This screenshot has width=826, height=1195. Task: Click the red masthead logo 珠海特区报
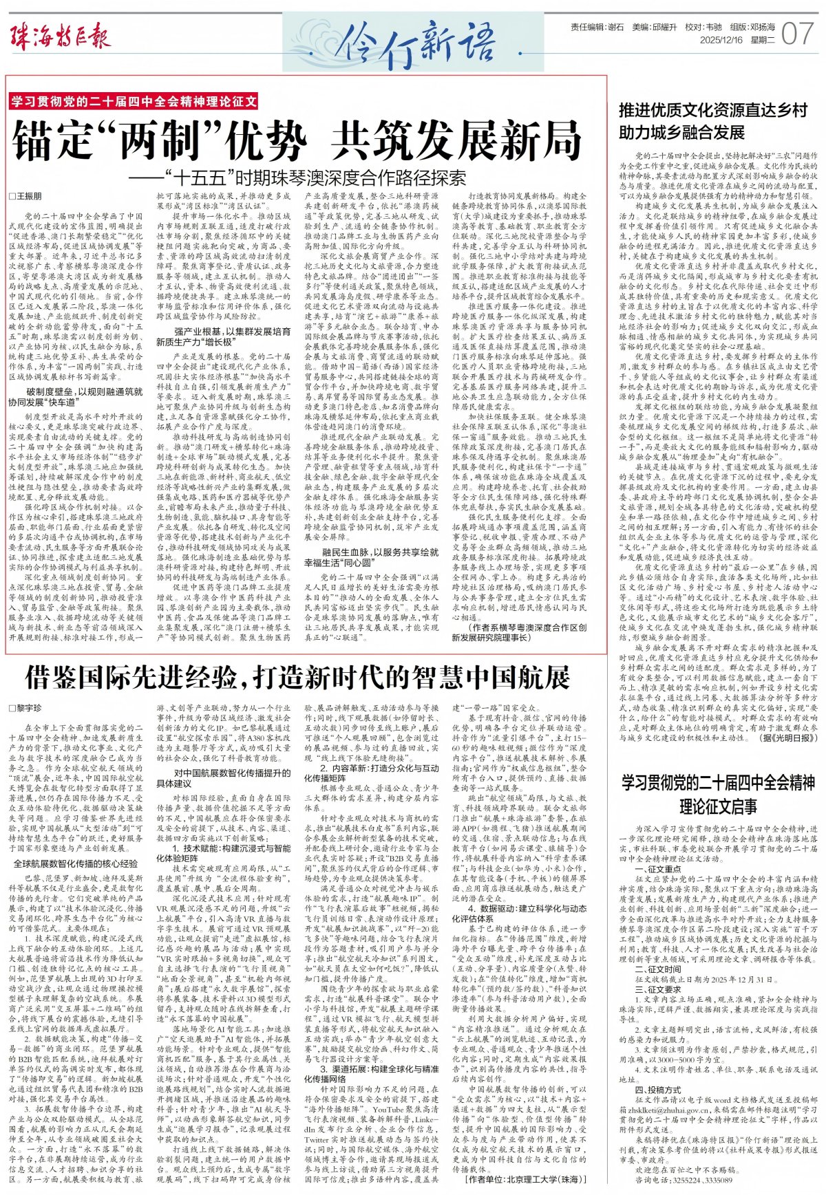click(60, 36)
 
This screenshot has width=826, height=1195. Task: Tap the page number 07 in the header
click(798, 33)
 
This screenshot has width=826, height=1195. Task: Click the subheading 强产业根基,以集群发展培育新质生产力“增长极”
click(223, 336)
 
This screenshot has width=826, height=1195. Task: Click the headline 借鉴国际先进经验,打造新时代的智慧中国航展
click(297, 678)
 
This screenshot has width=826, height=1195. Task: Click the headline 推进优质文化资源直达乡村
click(713, 110)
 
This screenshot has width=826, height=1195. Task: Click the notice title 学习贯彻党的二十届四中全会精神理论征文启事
click(718, 794)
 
